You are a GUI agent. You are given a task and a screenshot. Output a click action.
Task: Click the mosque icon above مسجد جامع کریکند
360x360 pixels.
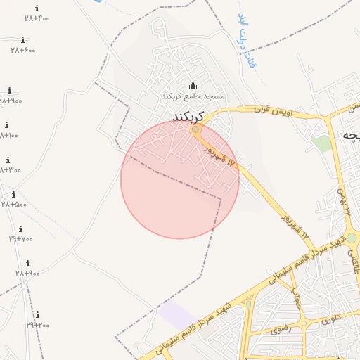(193, 86)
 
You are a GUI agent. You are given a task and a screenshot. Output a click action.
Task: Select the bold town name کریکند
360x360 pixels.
(187, 116)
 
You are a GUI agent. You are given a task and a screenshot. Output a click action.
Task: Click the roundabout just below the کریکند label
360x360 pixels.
(195, 129)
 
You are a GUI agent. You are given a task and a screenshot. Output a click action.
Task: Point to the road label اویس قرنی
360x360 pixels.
(272, 110)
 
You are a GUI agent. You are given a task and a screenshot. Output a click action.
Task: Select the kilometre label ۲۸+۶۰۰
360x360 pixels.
(23, 50)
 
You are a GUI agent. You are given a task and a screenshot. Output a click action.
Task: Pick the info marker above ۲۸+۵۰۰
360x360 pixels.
(13, 195)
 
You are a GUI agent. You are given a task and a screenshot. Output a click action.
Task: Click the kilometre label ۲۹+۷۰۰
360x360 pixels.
(21, 239)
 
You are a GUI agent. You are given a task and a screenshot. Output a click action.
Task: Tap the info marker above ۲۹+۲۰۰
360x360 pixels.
(37, 315)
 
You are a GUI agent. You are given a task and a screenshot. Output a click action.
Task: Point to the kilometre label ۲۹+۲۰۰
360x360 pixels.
(38, 325)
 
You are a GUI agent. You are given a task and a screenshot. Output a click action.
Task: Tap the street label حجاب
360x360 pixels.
(297, 300)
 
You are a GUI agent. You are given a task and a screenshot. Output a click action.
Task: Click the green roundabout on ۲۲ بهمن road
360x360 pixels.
(351, 238)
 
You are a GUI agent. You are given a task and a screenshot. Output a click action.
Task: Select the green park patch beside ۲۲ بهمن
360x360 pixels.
(321, 143)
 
